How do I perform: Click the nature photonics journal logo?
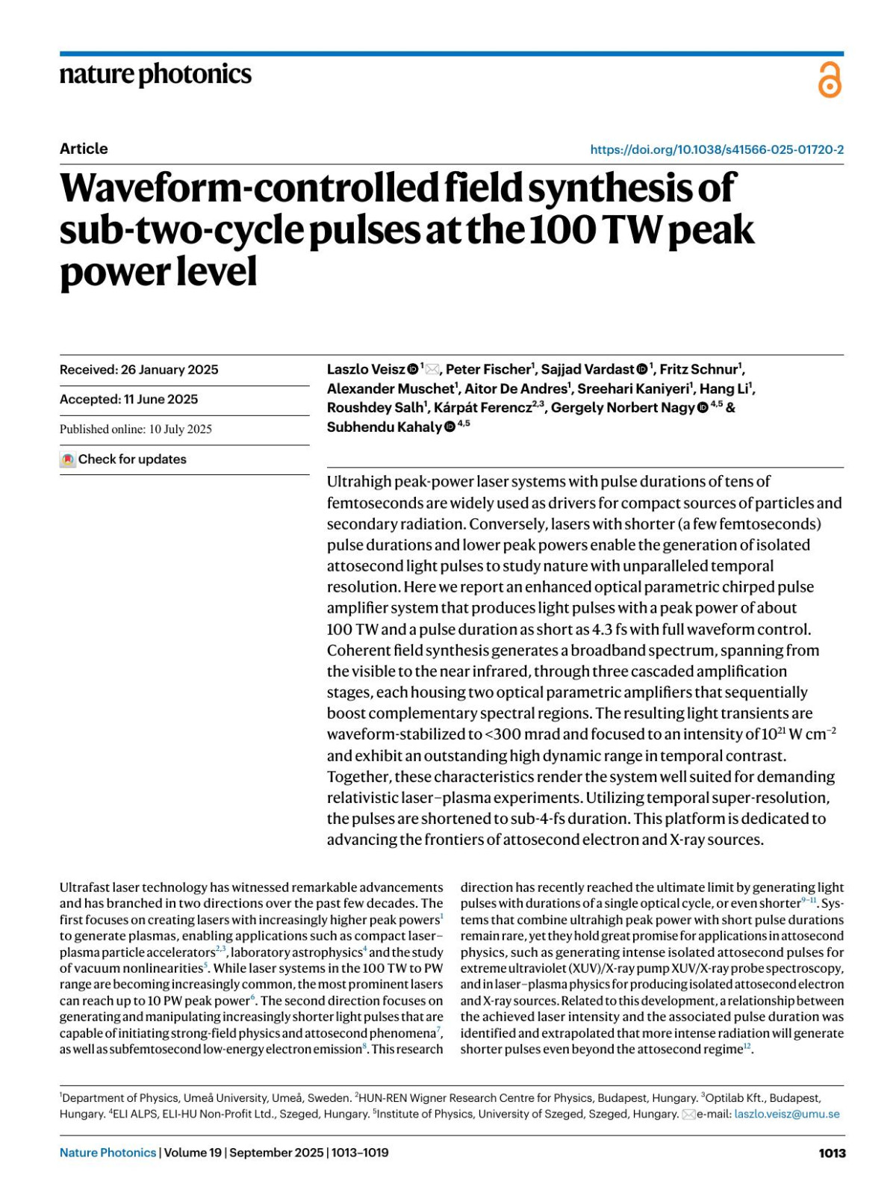point(155,75)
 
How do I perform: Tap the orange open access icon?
point(829,80)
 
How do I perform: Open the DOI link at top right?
point(717,149)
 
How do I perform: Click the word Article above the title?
point(84,149)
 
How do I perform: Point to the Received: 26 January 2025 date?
point(139,370)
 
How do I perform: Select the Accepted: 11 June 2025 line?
point(128,400)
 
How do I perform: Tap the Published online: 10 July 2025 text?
point(136,430)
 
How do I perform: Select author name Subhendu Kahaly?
point(384,427)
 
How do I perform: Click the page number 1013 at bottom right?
point(832,1153)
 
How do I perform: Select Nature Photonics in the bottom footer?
point(108,1153)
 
